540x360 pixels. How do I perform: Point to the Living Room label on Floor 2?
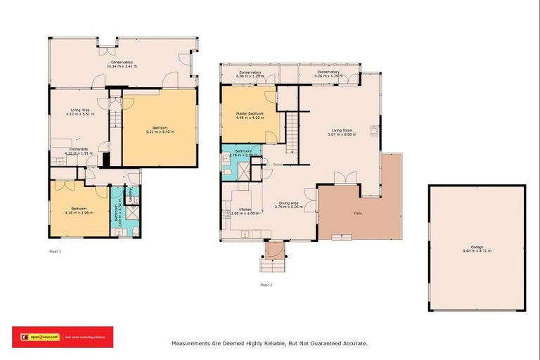click(x=342, y=130)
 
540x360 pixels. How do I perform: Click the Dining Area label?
click(x=288, y=204)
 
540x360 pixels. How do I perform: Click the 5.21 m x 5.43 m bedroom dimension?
click(x=160, y=131)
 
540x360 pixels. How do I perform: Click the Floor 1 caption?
click(x=56, y=250)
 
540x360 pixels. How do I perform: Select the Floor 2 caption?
click(x=266, y=285)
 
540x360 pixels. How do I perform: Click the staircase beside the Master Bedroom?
click(x=291, y=134)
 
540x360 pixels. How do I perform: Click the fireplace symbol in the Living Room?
click(x=375, y=129)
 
